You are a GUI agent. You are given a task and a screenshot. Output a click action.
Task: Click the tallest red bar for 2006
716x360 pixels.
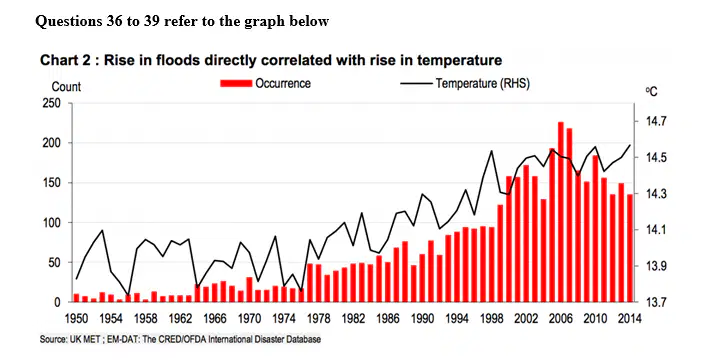561,212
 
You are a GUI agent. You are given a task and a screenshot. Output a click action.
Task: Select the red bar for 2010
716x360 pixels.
595,229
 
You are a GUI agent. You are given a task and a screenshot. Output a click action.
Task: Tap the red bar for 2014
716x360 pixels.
630,248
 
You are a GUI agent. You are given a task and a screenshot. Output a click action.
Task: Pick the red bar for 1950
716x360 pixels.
76,298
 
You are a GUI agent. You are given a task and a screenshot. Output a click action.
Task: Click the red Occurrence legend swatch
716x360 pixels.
236,83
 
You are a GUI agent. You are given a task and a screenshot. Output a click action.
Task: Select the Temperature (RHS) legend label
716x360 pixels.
482,84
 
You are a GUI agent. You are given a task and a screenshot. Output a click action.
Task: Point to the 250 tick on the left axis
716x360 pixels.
52,103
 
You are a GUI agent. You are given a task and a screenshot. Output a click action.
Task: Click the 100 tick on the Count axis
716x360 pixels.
52,223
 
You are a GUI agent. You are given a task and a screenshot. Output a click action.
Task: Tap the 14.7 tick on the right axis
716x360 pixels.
656,122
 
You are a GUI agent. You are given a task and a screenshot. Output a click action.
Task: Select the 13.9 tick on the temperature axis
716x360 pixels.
656,266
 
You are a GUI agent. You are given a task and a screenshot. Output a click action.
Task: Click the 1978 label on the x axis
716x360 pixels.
318,318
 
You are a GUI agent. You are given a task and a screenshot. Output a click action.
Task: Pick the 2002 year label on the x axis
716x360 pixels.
526,318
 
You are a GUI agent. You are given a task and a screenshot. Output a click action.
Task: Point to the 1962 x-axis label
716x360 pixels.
180,318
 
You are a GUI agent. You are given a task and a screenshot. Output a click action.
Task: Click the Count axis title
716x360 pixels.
66,87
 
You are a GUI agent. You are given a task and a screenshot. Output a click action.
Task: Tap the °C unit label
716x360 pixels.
652,91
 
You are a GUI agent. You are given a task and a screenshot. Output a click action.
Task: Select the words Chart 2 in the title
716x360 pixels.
65,60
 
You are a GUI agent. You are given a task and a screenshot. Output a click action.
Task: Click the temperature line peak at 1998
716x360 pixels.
491,151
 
